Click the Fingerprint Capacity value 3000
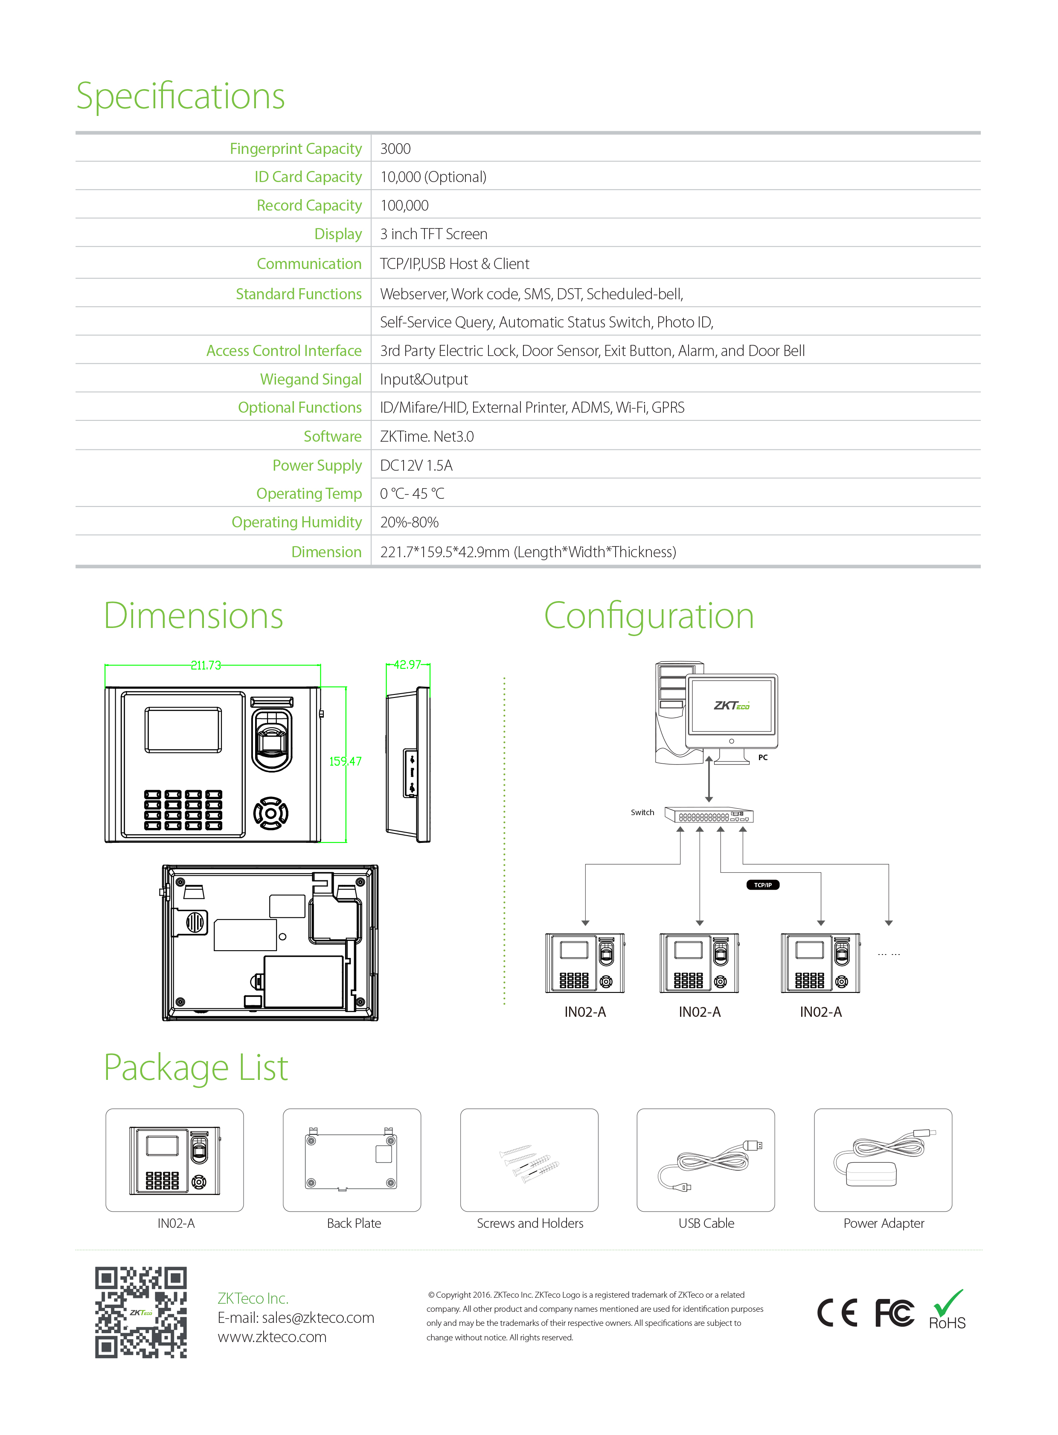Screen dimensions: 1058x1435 395,148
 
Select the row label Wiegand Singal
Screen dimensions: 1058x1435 311,379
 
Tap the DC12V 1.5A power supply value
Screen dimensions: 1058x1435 416,465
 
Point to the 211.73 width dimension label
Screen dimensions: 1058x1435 206,665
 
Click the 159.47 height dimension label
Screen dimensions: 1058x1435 345,761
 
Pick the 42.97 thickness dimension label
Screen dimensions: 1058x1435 407,664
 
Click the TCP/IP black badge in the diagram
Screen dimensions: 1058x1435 763,885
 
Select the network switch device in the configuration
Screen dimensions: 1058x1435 709,815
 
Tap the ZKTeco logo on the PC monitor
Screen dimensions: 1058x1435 731,705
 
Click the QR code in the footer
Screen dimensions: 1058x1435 141,1312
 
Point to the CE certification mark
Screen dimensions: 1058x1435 837,1313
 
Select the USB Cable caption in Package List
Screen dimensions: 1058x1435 706,1223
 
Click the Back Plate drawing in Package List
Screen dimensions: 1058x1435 352,1159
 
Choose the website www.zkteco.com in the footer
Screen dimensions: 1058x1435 272,1337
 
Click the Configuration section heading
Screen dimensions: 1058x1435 649,616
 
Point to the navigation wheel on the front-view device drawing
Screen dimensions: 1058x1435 271,813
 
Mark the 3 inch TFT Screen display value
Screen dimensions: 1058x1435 433,234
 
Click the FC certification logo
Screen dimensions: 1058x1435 895,1313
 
